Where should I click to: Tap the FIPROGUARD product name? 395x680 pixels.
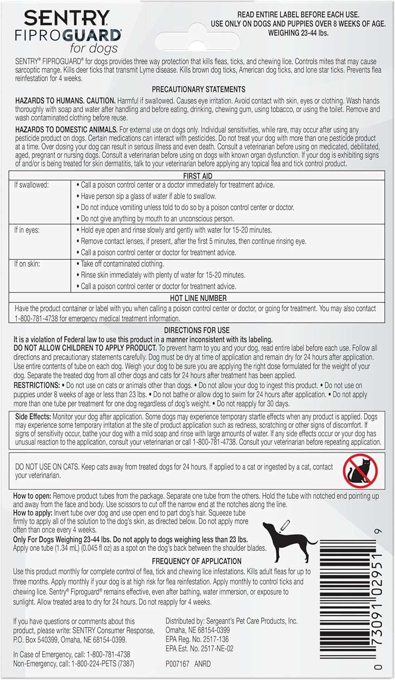tap(68, 35)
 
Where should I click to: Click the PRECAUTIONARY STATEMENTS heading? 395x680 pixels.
tap(198, 89)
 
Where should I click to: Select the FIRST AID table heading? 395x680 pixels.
tap(197, 176)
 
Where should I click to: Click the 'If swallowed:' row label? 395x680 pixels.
tap(31, 185)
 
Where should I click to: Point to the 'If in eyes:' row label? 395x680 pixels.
tap(27, 230)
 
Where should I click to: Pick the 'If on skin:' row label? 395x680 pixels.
tap(27, 264)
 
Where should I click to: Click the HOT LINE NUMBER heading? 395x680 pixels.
tap(198, 298)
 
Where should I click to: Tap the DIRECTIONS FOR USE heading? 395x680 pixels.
tap(197, 330)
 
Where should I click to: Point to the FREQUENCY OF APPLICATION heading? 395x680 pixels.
tap(196, 561)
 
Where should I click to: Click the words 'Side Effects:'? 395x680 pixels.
tap(33, 416)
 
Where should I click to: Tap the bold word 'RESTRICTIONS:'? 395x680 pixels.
tap(36, 385)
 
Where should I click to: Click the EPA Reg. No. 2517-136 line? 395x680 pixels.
tap(197, 639)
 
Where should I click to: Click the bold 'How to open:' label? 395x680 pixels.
tap(32, 496)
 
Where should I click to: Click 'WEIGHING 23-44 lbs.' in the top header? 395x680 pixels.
tap(298, 33)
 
